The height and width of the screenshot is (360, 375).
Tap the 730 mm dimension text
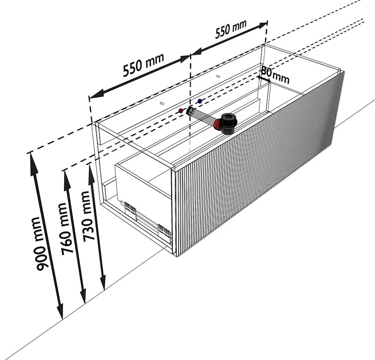pos(90,215)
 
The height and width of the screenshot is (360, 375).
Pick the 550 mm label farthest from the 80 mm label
pos(143,64)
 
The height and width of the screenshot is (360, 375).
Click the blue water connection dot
pos(199,101)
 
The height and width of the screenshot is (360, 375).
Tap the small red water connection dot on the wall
pos(181,111)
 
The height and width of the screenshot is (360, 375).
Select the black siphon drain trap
pos(228,123)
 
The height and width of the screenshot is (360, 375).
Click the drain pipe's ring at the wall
pos(191,111)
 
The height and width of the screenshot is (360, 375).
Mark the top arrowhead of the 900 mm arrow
pos(32,157)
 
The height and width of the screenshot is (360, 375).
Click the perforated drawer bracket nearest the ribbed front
pos(164,232)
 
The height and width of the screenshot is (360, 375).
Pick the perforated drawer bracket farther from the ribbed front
pos(130,209)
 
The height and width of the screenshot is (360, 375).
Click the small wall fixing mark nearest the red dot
pos(162,103)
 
